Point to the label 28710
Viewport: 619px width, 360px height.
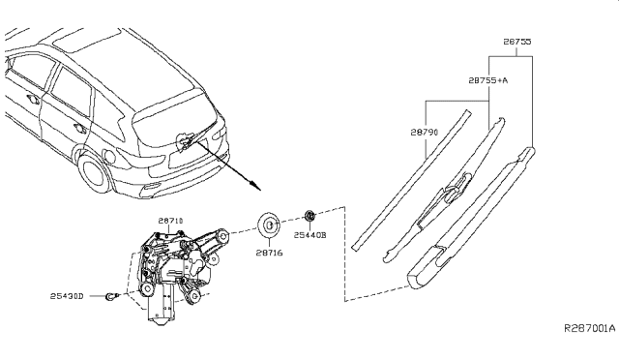click(x=157, y=223)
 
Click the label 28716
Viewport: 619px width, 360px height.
click(x=269, y=254)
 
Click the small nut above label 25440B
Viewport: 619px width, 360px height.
click(x=309, y=214)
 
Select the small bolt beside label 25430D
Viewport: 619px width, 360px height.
click(x=114, y=296)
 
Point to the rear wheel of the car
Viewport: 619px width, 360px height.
click(x=96, y=174)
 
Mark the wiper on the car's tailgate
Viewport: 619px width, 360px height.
click(x=190, y=139)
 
